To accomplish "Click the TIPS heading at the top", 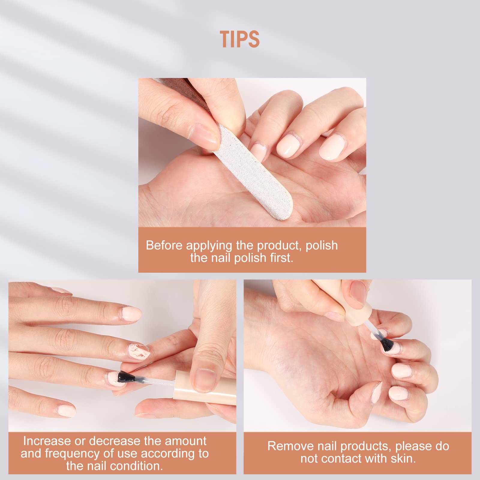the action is click(240, 39).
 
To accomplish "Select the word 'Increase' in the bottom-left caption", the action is click(47, 441).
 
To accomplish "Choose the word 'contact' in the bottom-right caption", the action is click(343, 459).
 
